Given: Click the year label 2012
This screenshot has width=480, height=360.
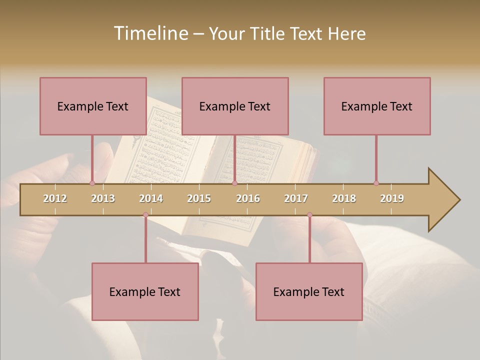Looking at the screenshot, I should tap(55, 198).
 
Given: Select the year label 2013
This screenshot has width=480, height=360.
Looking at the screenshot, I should tap(103, 198).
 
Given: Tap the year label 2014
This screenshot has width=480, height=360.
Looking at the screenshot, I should tap(151, 198).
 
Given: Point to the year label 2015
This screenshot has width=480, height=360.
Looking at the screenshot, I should tap(199, 198).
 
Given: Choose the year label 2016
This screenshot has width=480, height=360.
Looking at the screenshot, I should tap(248, 198).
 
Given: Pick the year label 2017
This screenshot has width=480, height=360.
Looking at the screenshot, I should tap(296, 198).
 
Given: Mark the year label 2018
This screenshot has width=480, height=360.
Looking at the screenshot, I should tap(344, 198).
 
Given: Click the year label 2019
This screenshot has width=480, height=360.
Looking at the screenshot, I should tap(392, 198).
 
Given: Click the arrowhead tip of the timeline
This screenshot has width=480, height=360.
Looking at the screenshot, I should tap(458, 200).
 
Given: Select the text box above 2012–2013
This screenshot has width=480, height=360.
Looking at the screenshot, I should tap(93, 106).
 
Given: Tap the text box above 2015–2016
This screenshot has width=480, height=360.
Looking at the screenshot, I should tap(235, 106).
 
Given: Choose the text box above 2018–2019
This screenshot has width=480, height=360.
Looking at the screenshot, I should tap(377, 106).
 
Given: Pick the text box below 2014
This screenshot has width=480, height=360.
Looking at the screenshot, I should tap(145, 291).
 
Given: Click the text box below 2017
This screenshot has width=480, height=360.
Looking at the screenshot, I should tap(309, 291).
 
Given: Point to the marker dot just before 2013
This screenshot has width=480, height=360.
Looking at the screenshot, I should tap(92, 183).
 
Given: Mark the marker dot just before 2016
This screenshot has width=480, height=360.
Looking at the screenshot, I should tap(234, 183).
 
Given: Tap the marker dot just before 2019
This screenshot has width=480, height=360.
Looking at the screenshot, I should tap(376, 183).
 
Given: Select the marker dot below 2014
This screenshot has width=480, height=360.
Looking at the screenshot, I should tap(145, 215).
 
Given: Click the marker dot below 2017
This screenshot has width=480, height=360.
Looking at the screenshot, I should tap(309, 215).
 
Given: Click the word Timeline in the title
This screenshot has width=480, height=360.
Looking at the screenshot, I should tap(150, 33).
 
